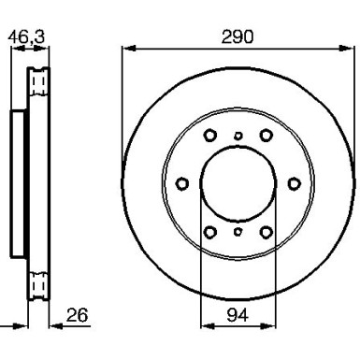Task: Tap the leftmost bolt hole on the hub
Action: [x=182, y=182]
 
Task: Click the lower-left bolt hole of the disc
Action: [x=210, y=231]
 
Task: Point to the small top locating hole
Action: [x=238, y=136]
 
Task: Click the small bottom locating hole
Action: [x=238, y=230]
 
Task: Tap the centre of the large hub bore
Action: [x=238, y=182]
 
